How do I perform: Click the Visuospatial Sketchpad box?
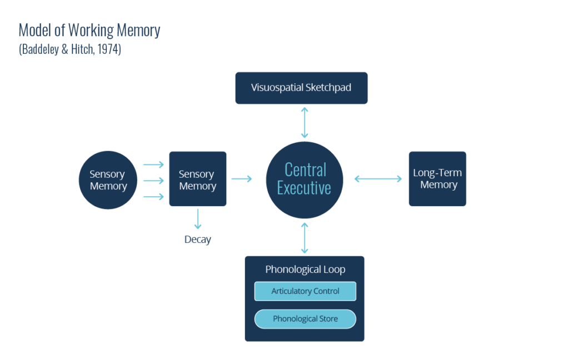[301, 88]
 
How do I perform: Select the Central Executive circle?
[304, 179]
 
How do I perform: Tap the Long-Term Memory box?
[437, 179]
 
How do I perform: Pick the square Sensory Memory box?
[197, 179]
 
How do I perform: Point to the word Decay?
[198, 240]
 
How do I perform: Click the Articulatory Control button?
[305, 291]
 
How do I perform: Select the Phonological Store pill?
[305, 319]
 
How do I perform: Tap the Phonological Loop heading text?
[305, 269]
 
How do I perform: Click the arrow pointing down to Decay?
[198, 219]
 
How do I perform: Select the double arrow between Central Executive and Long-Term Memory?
[378, 179]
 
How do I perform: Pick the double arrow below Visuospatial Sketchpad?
[304, 123]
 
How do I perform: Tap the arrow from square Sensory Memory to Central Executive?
[241, 179]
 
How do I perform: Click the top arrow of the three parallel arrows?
[153, 164]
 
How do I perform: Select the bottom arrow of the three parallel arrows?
[153, 197]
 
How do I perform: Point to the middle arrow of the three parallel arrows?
[153, 181]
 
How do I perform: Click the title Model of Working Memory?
[89, 30]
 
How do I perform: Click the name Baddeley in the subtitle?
[41, 49]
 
